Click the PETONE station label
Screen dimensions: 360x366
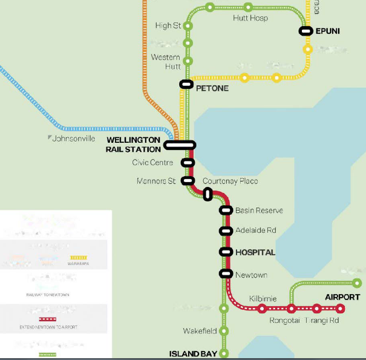212,88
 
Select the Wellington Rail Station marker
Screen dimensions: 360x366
180,145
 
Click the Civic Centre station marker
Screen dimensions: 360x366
188,162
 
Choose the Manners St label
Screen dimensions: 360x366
157,181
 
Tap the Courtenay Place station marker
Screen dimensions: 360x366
208,194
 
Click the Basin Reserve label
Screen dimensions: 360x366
260,211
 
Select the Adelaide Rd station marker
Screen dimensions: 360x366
226,231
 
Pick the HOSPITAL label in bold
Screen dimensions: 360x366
255,252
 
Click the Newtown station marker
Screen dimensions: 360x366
226,273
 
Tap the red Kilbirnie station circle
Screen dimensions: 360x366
262,309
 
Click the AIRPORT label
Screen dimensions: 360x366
342,297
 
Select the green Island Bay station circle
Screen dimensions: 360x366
224,353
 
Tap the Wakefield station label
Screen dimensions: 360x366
199,331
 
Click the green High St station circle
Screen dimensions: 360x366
188,26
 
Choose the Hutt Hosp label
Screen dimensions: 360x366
250,19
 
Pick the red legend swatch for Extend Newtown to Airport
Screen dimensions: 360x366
47,319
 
